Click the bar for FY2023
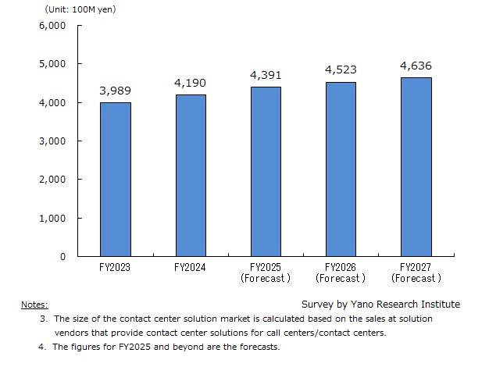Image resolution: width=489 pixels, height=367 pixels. point(115,180)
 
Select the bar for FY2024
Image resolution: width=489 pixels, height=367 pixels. point(191,176)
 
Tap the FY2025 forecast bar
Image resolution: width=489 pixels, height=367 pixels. point(266,172)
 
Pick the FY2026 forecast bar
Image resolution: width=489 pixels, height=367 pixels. point(341,169)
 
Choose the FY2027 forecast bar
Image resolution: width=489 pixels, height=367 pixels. point(416,167)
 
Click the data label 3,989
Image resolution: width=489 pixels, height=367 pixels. point(115,91)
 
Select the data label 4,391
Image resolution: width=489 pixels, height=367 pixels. point(266,76)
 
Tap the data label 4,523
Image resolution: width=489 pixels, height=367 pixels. point(341,70)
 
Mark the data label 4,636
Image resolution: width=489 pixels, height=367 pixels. point(416,66)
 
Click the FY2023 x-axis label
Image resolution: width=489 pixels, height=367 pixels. point(115,267)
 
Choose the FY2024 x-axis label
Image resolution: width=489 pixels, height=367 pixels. point(191,267)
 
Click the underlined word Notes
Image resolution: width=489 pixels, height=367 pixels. point(34,305)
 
